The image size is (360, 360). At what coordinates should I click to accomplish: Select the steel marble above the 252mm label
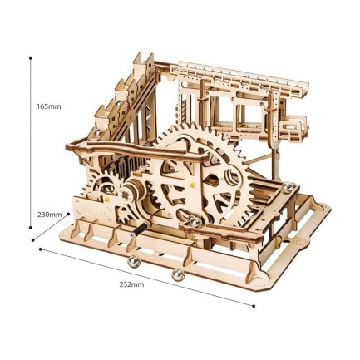(175, 274)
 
